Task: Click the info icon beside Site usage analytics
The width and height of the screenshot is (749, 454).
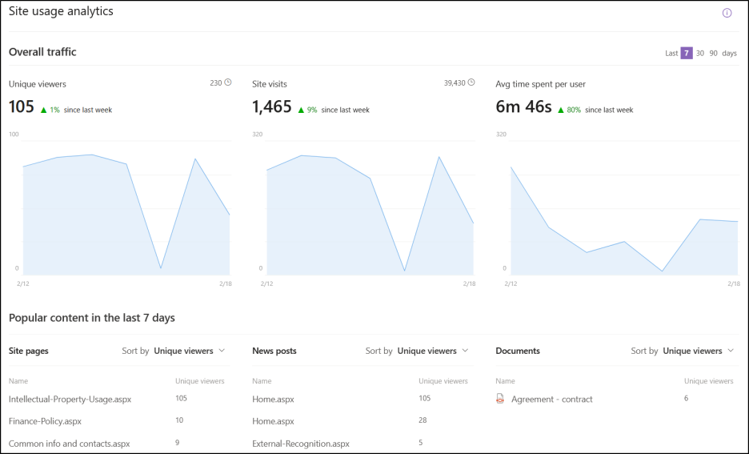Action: [x=727, y=13]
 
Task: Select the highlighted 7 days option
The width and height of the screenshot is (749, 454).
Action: [x=687, y=53]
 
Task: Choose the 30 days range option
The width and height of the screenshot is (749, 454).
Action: [x=700, y=53]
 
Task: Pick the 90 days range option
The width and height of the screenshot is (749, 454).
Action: [x=714, y=53]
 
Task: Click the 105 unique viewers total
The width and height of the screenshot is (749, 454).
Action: [x=22, y=107]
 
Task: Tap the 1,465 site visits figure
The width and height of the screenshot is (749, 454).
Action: [x=271, y=107]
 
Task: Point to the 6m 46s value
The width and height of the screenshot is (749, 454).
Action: [x=523, y=107]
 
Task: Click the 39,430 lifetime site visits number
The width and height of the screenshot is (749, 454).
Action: [x=455, y=82]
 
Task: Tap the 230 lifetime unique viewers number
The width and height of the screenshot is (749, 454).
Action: [x=215, y=82]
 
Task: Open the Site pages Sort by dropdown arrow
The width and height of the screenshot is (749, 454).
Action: [x=222, y=351]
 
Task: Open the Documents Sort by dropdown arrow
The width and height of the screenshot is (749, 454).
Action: [x=731, y=351]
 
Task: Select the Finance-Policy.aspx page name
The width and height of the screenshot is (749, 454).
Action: [x=45, y=420]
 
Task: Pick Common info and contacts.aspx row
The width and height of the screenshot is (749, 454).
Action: [x=69, y=443]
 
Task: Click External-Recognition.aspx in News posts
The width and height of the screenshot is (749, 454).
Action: [x=301, y=443]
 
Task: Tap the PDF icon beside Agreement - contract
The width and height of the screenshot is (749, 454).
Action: [x=500, y=399]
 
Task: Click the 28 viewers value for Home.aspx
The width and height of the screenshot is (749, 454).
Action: [x=423, y=420]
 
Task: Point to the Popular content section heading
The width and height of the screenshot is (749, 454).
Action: [x=92, y=318]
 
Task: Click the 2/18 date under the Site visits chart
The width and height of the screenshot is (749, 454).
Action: [x=468, y=283]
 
